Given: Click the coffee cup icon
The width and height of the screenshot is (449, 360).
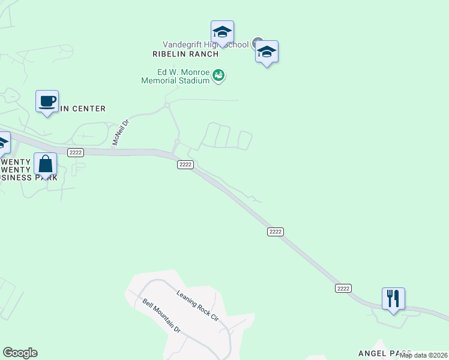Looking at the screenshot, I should click(x=47, y=101).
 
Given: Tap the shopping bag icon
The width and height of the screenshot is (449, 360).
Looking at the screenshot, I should click(x=46, y=164).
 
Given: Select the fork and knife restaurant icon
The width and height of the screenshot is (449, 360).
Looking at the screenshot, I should click(x=393, y=298).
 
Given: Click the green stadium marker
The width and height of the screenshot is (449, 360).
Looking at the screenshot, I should click(x=219, y=76).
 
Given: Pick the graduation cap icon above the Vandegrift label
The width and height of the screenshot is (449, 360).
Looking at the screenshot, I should click(x=222, y=32).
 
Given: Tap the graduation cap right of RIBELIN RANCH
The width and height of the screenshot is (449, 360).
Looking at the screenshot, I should click(x=267, y=52).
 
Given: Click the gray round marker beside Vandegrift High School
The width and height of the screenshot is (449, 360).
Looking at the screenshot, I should click(x=258, y=43).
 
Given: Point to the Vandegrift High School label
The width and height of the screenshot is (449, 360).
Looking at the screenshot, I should click(x=205, y=44).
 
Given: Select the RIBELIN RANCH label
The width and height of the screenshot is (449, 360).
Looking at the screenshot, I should click(x=184, y=53).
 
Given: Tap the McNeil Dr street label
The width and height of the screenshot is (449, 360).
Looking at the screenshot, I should click(x=121, y=133).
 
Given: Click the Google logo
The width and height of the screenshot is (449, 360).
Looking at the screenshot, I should click(x=20, y=353).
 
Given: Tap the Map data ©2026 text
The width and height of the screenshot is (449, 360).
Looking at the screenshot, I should click(x=423, y=355).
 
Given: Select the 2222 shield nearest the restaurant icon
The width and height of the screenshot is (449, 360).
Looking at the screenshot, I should click(x=343, y=289).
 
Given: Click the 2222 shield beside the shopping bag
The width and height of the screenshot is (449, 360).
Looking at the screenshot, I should click(x=76, y=152).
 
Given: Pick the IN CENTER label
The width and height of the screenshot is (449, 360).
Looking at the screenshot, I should click(x=82, y=109).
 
